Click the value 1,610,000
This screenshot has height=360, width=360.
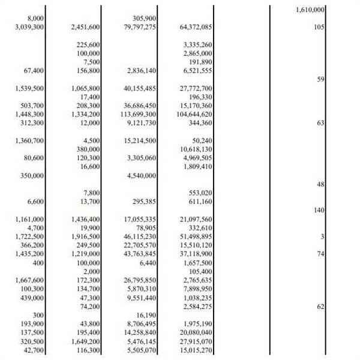coord(311,10)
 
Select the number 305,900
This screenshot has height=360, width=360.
coord(144,19)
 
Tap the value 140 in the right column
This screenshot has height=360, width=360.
coord(318,210)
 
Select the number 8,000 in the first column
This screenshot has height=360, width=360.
coord(36,19)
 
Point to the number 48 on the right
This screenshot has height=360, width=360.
coord(320,184)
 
